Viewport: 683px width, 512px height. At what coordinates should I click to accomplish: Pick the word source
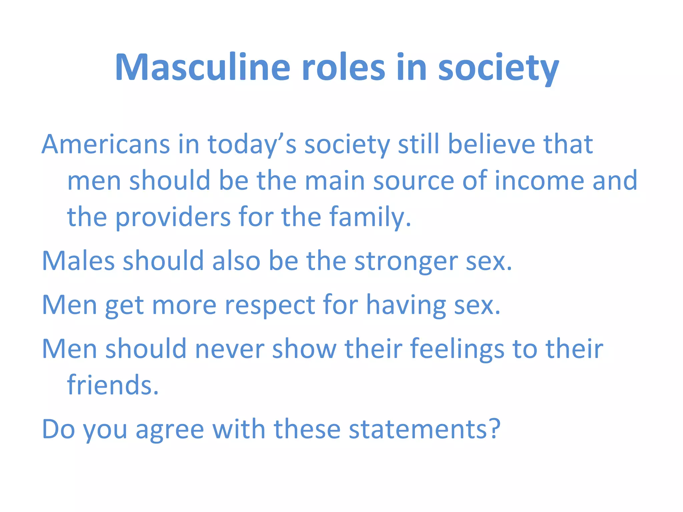point(414,181)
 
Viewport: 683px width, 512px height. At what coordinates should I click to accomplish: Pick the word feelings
point(457,349)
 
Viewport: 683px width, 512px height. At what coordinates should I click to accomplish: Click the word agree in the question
point(170,430)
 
